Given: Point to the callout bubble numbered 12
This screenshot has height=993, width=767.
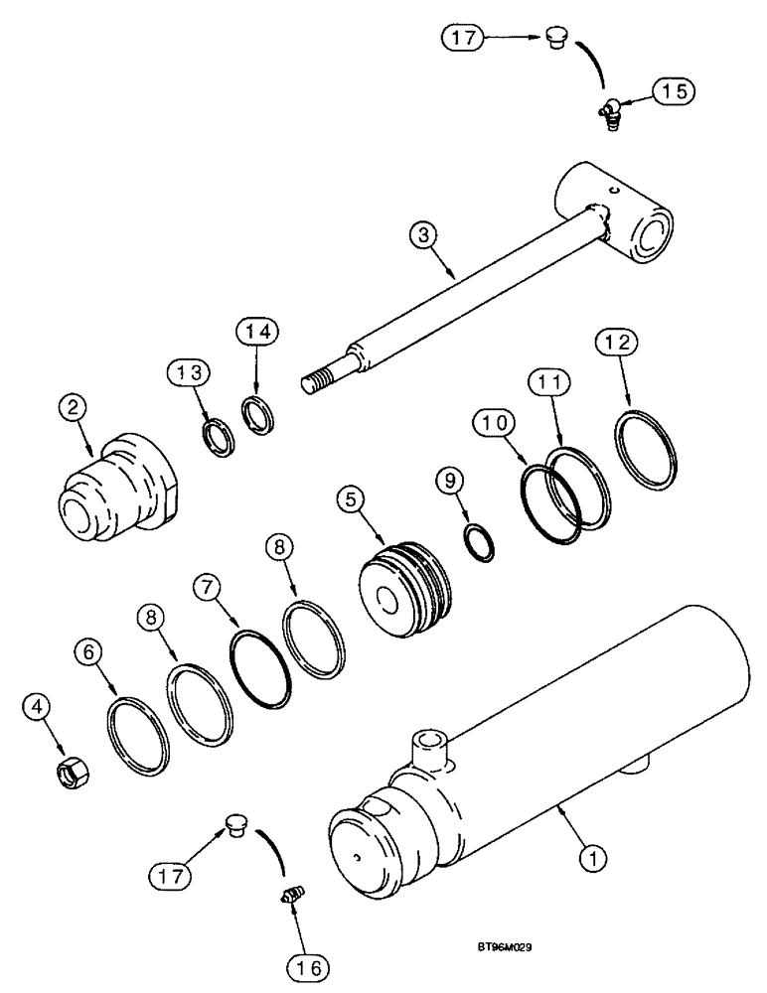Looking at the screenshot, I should coord(613,344).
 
